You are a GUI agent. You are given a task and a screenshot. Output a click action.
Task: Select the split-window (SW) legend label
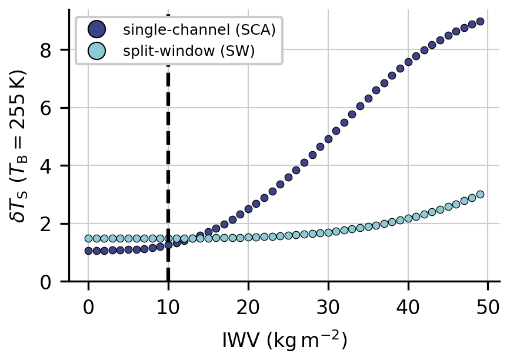click(188, 51)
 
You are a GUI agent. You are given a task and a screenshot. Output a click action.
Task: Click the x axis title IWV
click(285, 340)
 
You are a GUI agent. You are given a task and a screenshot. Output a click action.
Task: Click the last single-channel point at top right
click(480, 21)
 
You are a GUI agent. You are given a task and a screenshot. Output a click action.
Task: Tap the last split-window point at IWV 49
click(480, 194)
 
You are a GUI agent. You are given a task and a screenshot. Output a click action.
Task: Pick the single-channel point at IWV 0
click(88, 251)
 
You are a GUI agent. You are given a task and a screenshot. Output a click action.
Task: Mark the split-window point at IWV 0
click(88, 238)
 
